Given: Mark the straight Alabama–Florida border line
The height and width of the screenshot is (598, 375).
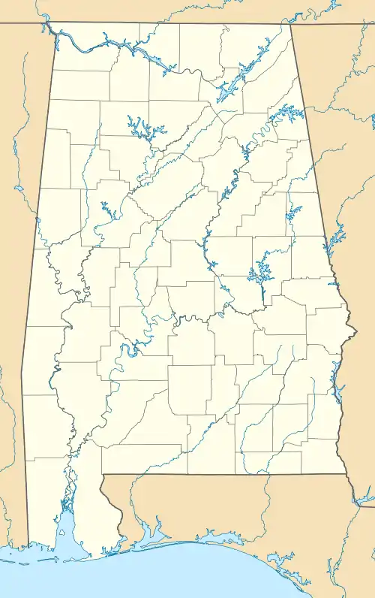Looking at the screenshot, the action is (225, 475).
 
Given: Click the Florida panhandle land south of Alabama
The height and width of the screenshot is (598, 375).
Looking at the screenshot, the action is (225, 511).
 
